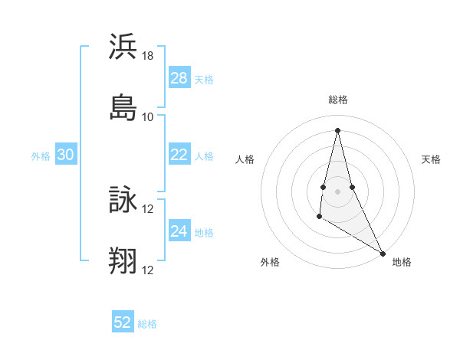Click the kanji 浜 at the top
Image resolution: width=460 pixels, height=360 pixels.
tap(123, 47)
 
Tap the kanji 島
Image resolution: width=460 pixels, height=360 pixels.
tap(123, 107)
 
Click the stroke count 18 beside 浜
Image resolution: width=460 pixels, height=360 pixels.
tap(148, 55)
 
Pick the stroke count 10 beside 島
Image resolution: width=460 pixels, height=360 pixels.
tap(148, 116)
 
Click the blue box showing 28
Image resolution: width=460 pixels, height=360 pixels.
tap(179, 78)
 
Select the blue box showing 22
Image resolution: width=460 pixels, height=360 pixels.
tap(179, 155)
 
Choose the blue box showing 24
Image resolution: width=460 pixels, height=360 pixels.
tap(179, 232)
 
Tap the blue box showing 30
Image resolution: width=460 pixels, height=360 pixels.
tap(66, 155)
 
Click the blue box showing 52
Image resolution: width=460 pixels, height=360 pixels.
tap(123, 322)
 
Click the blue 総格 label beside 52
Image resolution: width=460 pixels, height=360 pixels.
tap(147, 324)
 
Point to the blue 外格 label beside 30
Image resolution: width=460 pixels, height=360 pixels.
tap(41, 156)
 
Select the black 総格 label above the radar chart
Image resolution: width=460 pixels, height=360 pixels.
tap(338, 100)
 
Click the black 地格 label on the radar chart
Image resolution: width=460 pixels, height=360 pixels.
tap(402, 262)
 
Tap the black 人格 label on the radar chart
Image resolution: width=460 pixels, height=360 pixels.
tap(245, 159)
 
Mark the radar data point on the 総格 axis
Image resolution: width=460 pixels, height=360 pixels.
tap(337, 129)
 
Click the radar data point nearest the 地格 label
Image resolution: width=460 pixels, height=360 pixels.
tap(383, 254)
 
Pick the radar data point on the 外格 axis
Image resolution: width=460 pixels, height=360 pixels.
tap(319, 218)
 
